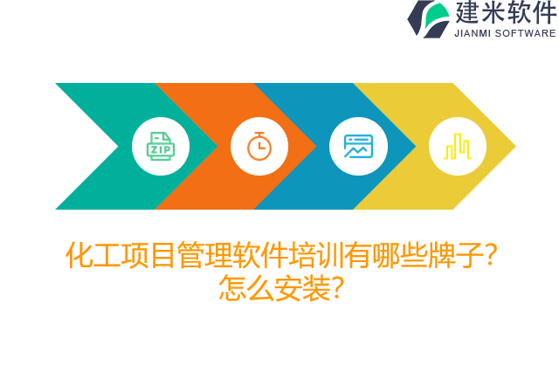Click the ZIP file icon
point(161,146)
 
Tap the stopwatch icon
point(259,146)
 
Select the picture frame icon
point(358,146)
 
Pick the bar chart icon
point(458,146)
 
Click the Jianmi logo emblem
point(428,18)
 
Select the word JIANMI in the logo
point(473,33)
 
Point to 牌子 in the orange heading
point(455,255)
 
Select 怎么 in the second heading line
point(247,287)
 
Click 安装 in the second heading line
point(303,287)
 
